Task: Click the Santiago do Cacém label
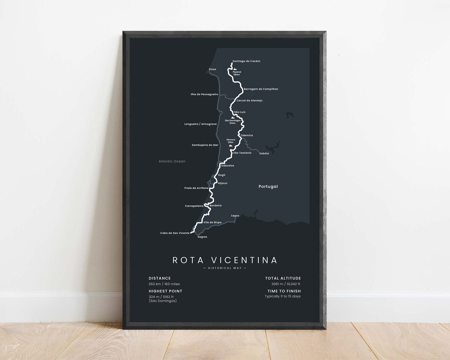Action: pyautogui.click(x=246, y=61)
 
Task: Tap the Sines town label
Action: pyautogui.click(x=212, y=69)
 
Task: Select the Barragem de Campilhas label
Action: pyautogui.click(x=261, y=89)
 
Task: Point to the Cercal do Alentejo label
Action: pyautogui.click(x=249, y=101)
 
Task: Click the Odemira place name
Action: pyautogui.click(x=247, y=135)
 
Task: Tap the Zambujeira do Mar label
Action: pyautogui.click(x=205, y=145)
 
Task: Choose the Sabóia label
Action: pyautogui.click(x=264, y=154)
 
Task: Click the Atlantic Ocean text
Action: pyautogui.click(x=172, y=161)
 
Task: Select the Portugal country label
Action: pyautogui.click(x=268, y=187)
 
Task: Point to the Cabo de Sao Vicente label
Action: pyautogui.click(x=175, y=233)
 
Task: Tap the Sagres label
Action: pyautogui.click(x=202, y=237)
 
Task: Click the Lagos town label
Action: pyautogui.click(x=235, y=216)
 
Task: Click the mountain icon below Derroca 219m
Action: pyautogui.click(x=230, y=145)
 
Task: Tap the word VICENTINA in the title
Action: pyautogui.click(x=244, y=260)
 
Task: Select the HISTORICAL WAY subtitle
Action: pyautogui.click(x=225, y=268)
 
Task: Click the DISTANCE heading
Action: pyautogui.click(x=160, y=278)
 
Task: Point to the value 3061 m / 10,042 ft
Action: pyautogui.click(x=286, y=284)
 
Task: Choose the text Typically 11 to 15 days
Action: pyautogui.click(x=282, y=296)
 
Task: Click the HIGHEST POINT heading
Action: pyautogui.click(x=165, y=291)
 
